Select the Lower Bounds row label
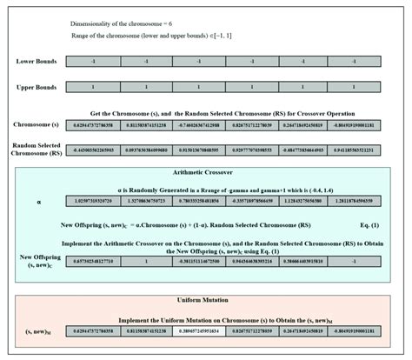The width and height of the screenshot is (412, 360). coord(37,61)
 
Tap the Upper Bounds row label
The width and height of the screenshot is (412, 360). coord(37,88)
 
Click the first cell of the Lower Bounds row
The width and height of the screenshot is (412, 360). coord(97,61)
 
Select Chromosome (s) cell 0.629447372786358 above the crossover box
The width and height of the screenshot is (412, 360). coord(97,125)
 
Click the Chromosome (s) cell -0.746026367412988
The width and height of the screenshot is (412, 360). coord(199,125)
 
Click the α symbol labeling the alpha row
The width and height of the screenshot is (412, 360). coord(38,202)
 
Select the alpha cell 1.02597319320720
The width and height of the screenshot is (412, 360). coord(97,202)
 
